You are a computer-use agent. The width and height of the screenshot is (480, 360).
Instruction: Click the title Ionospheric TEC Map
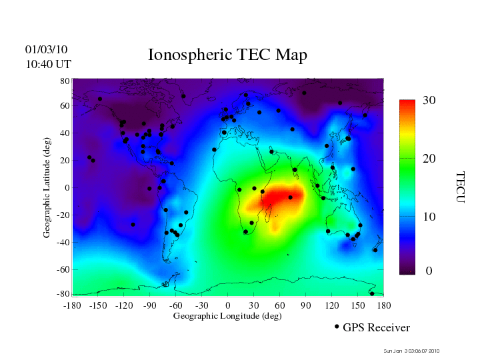click(227, 55)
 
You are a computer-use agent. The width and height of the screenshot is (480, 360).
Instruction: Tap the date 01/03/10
click(46, 49)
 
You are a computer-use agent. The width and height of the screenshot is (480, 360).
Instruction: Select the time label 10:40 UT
click(48, 64)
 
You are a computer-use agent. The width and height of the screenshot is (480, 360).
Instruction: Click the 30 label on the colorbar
click(429, 101)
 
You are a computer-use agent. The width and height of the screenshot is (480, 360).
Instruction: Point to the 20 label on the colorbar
click(429, 161)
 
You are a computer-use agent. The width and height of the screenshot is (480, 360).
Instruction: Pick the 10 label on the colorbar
click(429, 217)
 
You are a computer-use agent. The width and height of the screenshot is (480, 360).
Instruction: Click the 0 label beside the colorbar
click(429, 271)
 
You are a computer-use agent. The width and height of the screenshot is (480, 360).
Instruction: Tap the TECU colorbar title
click(460, 187)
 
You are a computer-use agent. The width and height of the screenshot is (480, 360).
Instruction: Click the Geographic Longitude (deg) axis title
click(227, 316)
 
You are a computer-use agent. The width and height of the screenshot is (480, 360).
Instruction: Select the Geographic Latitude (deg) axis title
click(47, 192)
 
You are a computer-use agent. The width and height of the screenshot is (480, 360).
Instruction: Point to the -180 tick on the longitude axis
click(72, 305)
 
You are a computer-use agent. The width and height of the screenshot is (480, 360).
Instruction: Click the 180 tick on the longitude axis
click(383, 305)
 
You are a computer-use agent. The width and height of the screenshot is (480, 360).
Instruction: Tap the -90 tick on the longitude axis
click(150, 305)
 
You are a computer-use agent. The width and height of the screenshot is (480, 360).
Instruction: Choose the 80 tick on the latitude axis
click(65, 81)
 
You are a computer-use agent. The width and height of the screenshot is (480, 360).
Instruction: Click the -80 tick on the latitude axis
click(63, 294)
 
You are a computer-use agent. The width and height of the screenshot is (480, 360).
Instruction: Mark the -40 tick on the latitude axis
click(63, 242)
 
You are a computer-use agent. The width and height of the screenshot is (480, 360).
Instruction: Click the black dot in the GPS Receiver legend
click(337, 327)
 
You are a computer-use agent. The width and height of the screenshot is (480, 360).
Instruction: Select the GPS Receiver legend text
click(376, 327)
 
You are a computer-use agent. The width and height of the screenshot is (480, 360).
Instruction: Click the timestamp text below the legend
click(411, 351)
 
